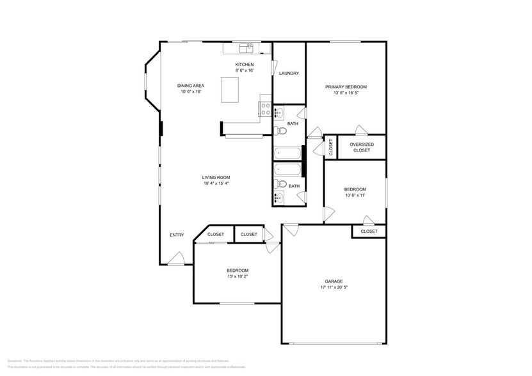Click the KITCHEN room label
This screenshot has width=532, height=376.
[x=244, y=65]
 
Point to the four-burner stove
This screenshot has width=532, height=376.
[x=265, y=109]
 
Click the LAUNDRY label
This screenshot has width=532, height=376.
[x=289, y=73]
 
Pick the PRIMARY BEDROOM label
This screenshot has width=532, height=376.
[x=346, y=86]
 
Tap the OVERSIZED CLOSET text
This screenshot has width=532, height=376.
[x=361, y=147]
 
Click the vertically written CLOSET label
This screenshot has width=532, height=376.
[x=330, y=148]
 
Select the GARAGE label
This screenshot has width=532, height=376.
[x=334, y=281]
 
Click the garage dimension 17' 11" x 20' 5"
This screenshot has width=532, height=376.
[x=334, y=288]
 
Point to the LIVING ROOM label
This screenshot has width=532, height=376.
[x=216, y=177]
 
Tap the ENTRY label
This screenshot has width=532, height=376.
[x=177, y=235]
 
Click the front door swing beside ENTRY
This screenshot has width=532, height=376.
[x=177, y=258]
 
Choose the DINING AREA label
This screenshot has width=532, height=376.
[x=190, y=86]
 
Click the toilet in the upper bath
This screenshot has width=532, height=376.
[x=281, y=132]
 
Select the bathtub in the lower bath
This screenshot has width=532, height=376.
[x=287, y=169]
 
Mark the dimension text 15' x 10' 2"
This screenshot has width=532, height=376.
[x=237, y=277]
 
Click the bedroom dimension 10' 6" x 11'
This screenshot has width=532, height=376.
[x=355, y=196]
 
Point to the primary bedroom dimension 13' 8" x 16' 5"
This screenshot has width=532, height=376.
[x=346, y=93]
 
